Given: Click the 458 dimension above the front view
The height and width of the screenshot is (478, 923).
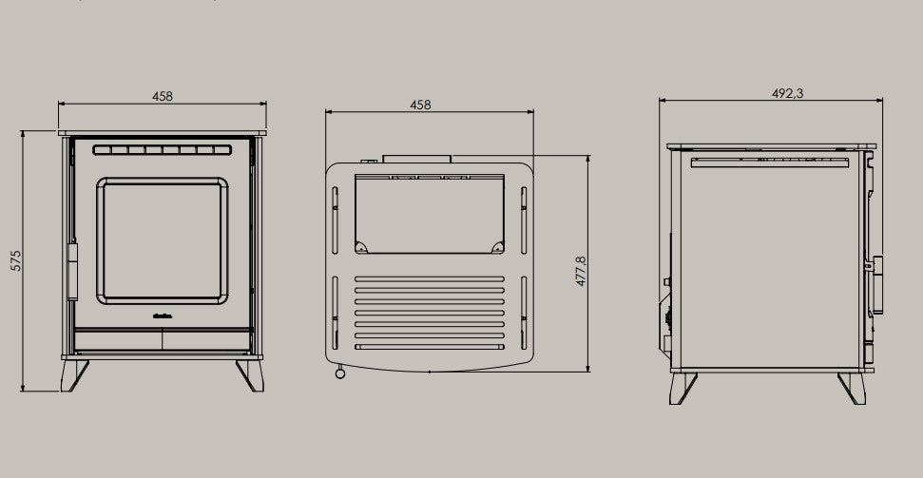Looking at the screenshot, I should [x=162, y=97].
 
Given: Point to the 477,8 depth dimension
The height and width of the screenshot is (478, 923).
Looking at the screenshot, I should [x=581, y=271].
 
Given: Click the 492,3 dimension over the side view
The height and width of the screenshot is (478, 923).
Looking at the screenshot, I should [x=779, y=93].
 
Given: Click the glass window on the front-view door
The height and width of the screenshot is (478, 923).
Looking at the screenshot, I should [x=163, y=240].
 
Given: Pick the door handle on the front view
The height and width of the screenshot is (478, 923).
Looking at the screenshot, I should [x=72, y=271].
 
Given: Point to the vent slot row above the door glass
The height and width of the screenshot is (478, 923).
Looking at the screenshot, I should [x=163, y=150].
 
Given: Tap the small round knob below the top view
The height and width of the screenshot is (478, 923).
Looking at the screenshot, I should [x=338, y=375].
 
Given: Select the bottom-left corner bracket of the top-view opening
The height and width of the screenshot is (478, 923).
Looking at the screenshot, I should [x=361, y=247].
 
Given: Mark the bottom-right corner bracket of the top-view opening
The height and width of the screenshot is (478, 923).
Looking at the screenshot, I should [x=497, y=247].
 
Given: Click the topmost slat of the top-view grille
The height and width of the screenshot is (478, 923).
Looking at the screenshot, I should [x=429, y=281].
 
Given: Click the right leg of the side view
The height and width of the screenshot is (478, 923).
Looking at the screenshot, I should [x=850, y=388].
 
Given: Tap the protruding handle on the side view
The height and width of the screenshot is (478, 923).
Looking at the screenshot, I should [x=878, y=285].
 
